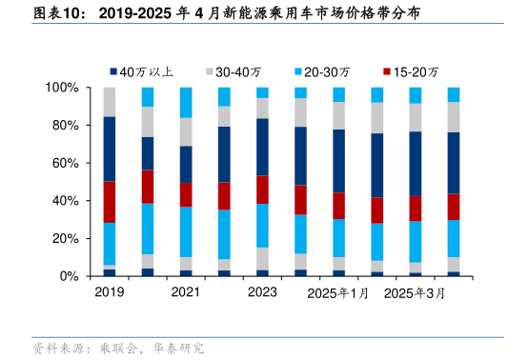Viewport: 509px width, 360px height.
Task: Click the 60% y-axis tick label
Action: [x=65, y=163]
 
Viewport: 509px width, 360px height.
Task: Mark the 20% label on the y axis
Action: [x=65, y=238]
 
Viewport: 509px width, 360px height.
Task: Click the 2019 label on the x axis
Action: [x=110, y=293]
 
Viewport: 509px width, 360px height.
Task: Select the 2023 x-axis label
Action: [x=262, y=293]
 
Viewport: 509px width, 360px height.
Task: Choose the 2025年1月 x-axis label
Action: [x=337, y=293]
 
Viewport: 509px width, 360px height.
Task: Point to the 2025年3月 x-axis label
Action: [x=415, y=293]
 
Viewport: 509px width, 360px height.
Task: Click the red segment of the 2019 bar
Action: [x=110, y=202]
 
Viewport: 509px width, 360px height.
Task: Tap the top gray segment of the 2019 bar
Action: [x=110, y=102]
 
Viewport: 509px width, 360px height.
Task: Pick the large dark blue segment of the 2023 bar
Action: [x=262, y=147]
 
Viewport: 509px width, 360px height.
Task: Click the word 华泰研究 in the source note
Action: [x=178, y=349]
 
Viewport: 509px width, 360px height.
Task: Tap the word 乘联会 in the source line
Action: [x=116, y=349]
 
